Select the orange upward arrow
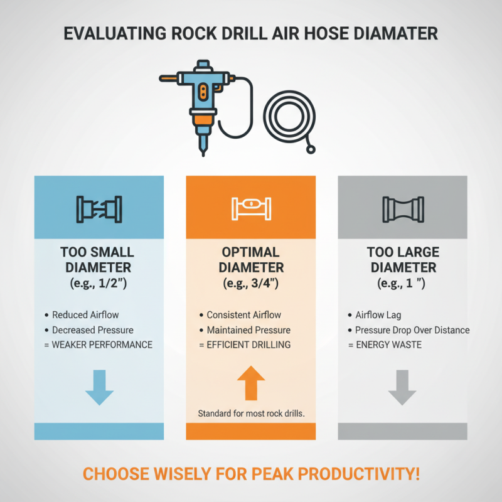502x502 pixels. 251,382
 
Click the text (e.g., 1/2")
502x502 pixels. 99,283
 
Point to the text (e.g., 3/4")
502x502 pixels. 251,283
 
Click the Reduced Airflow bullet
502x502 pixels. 85,315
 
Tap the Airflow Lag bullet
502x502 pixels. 378,315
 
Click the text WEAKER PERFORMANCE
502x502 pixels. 102,344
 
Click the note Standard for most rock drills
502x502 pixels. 251,414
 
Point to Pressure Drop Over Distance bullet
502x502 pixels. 412,330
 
